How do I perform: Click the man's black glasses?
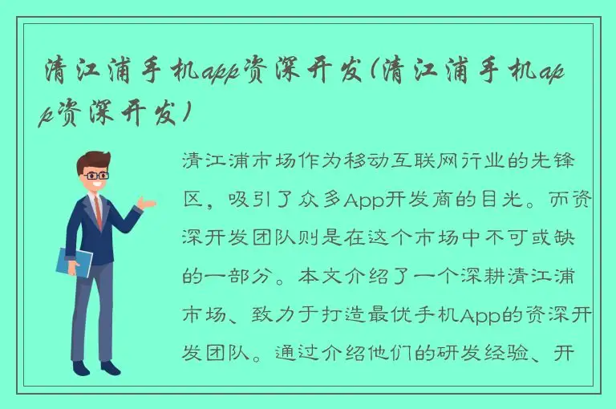tap(95, 174)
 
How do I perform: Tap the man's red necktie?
tap(98, 210)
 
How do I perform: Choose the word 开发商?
tap(415, 199)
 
